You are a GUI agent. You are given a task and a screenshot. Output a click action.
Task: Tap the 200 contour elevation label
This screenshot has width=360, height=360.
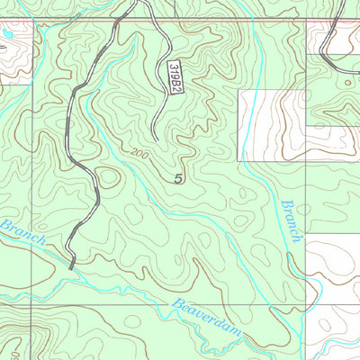pos(139,154)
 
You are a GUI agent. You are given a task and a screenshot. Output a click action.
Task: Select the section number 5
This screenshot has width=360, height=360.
pos(179,178)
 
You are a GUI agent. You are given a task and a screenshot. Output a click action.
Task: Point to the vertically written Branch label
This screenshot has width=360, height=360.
pos(291,220)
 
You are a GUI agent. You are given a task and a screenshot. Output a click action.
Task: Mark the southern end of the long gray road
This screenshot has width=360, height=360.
pos(71,266)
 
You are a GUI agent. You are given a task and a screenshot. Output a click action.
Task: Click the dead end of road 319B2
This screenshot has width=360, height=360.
pos(154,140)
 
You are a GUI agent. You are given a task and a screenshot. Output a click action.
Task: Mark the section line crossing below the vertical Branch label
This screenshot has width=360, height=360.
pos(305,303)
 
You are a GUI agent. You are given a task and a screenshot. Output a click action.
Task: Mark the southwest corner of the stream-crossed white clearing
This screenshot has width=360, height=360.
pos(238,160)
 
